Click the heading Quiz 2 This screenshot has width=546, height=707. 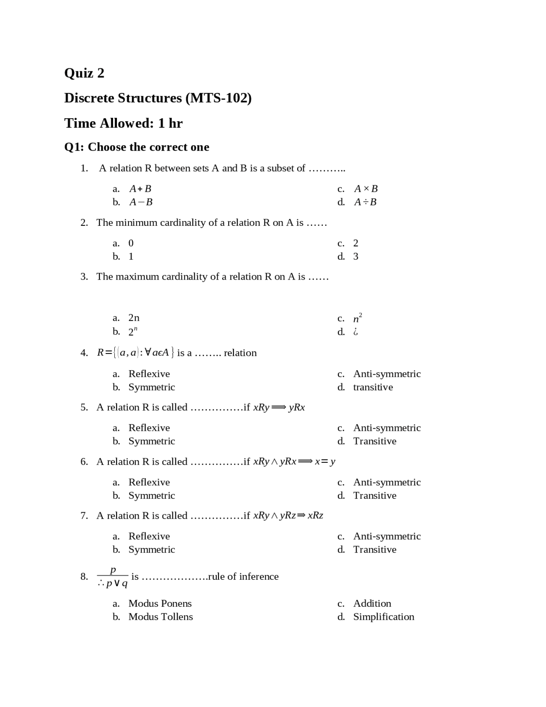coord(84,73)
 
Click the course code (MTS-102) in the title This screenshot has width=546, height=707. coord(218,98)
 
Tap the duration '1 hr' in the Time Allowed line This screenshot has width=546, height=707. coord(170,123)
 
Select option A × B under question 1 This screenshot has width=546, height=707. coord(366,189)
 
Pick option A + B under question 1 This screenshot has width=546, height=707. coord(140,189)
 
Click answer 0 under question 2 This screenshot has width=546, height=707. coord(131,243)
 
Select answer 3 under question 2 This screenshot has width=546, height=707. coord(355,257)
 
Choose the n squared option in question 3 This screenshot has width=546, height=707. coord(357,318)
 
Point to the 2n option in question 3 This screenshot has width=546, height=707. coord(134,318)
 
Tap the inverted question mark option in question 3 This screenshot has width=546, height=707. coord(355,332)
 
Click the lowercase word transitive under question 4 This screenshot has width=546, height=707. coord(373,387)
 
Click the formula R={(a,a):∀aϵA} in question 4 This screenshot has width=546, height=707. coord(136,353)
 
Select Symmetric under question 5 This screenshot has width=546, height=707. coord(151,441)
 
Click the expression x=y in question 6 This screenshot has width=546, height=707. coord(325,462)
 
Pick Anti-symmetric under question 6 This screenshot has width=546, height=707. coord(386,482)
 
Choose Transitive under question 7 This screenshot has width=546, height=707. coord(375,549)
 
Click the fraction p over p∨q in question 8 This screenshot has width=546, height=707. coord(113,576)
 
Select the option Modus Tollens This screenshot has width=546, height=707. coord(160,617)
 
